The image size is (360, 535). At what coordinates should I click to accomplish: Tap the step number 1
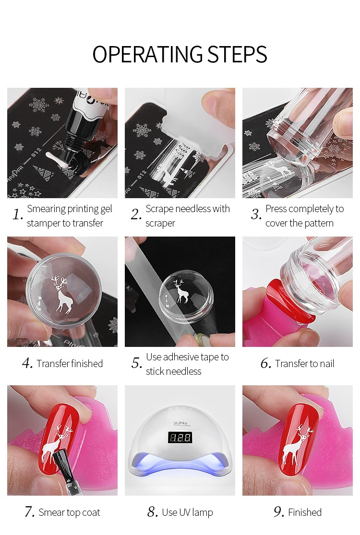coord(17,214)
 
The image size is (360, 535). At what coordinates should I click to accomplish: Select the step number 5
coord(136,363)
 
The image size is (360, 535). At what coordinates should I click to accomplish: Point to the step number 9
coord(279,511)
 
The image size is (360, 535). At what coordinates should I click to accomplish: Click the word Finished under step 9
coord(305,512)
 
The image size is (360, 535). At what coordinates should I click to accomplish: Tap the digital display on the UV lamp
coord(180,438)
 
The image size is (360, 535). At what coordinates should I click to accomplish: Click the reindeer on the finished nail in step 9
coord(297,443)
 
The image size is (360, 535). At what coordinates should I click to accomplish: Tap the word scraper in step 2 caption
coord(160,223)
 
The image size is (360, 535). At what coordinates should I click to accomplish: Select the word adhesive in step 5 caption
coord(180,357)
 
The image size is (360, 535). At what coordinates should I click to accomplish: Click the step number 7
coord(29,511)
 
